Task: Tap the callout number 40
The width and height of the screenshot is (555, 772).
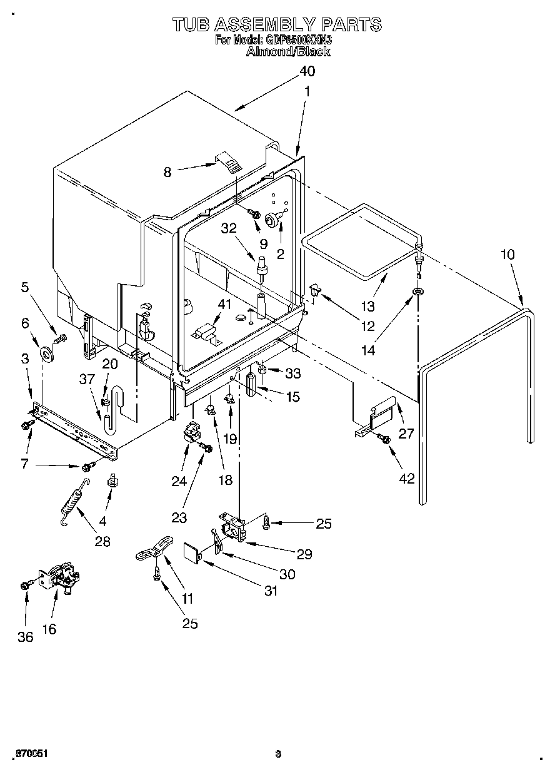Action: pyautogui.click(x=306, y=71)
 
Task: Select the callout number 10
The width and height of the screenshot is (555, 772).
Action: pyautogui.click(x=508, y=255)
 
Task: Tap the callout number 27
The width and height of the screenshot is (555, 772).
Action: pyautogui.click(x=406, y=432)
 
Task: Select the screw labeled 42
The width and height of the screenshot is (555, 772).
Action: pyautogui.click(x=385, y=440)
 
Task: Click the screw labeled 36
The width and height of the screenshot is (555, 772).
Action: pyautogui.click(x=26, y=585)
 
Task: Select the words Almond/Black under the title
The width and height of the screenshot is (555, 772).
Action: pyautogui.click(x=288, y=51)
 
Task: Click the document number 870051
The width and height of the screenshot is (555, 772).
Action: pyautogui.click(x=31, y=754)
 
